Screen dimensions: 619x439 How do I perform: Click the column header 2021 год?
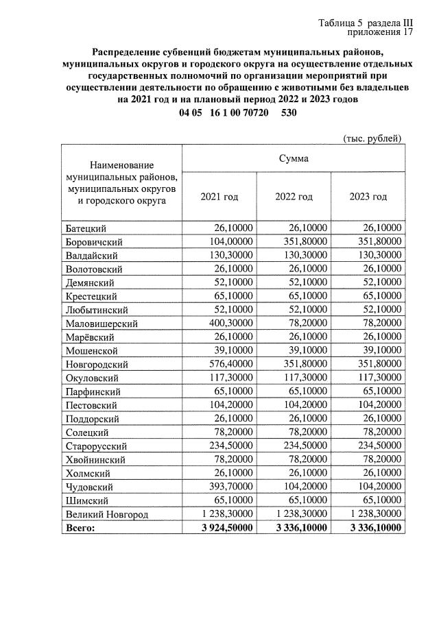(x=219, y=197)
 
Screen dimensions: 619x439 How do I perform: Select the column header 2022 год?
(x=294, y=197)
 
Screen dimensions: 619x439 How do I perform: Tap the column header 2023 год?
(x=368, y=197)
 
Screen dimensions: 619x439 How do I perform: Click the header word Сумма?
(x=293, y=158)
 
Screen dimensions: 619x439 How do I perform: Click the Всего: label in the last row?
(x=80, y=528)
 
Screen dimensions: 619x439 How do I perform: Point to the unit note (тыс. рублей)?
(x=372, y=138)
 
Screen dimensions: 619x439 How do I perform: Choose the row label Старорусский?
(x=95, y=446)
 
